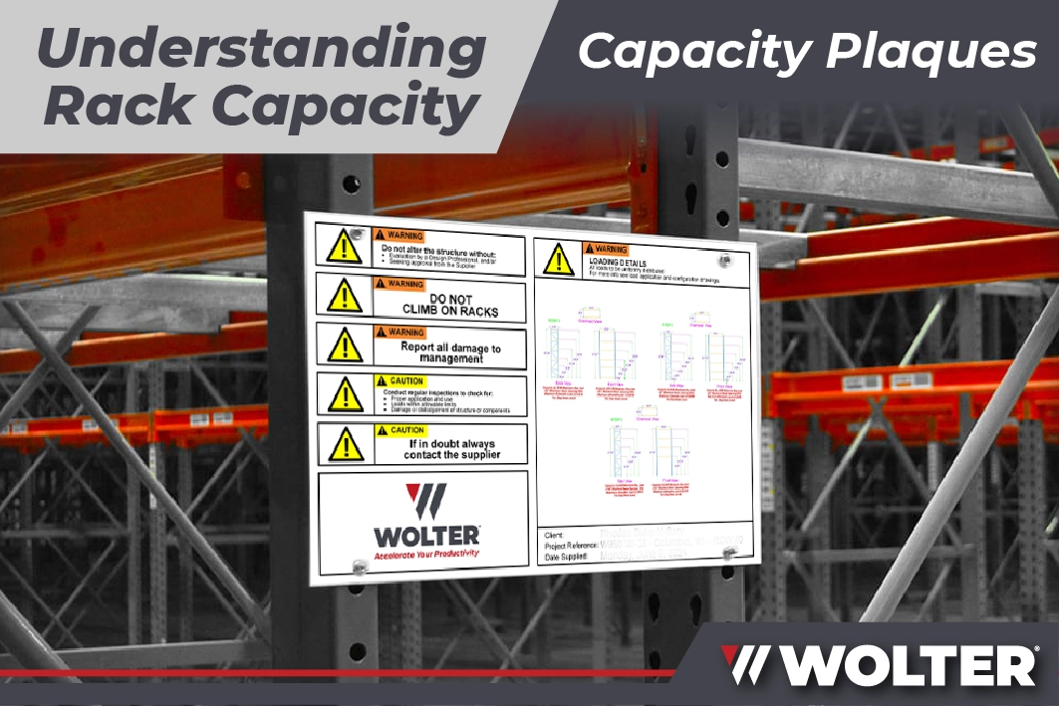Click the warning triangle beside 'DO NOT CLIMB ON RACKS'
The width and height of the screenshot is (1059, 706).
344,296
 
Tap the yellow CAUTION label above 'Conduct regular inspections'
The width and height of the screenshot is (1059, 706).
399,381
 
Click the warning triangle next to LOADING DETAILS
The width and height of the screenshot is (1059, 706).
559,261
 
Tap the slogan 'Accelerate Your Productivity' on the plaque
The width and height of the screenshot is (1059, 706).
426,552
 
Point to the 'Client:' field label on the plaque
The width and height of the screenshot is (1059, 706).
556,534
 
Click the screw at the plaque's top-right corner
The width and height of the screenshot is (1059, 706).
725,261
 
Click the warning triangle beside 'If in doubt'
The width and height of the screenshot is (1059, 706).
345,443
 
